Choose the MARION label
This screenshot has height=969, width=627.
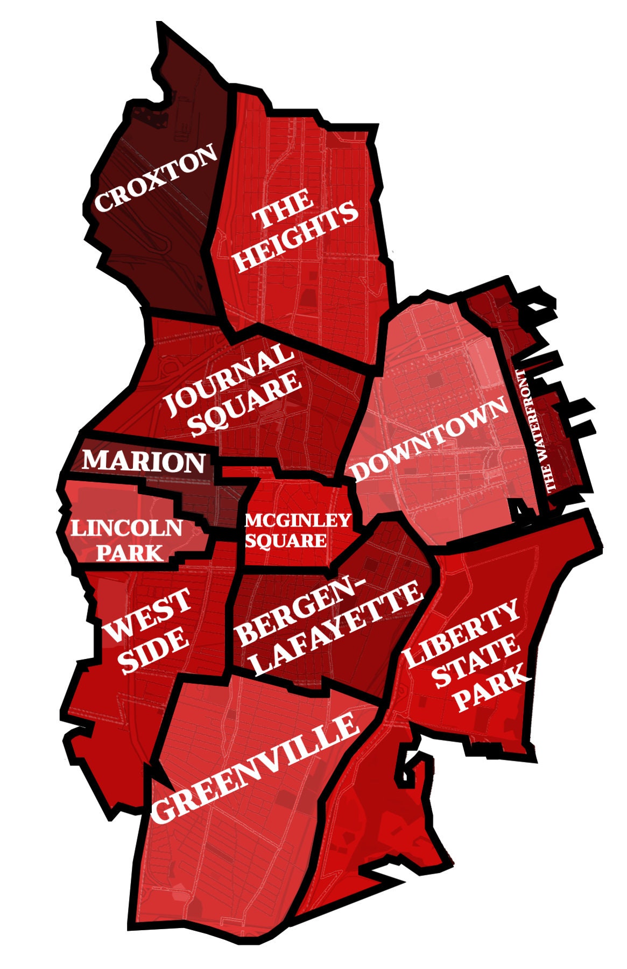point(144,461)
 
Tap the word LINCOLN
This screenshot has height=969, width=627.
point(127,528)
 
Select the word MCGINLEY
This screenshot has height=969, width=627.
point(298,521)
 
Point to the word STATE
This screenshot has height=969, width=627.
point(475,662)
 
